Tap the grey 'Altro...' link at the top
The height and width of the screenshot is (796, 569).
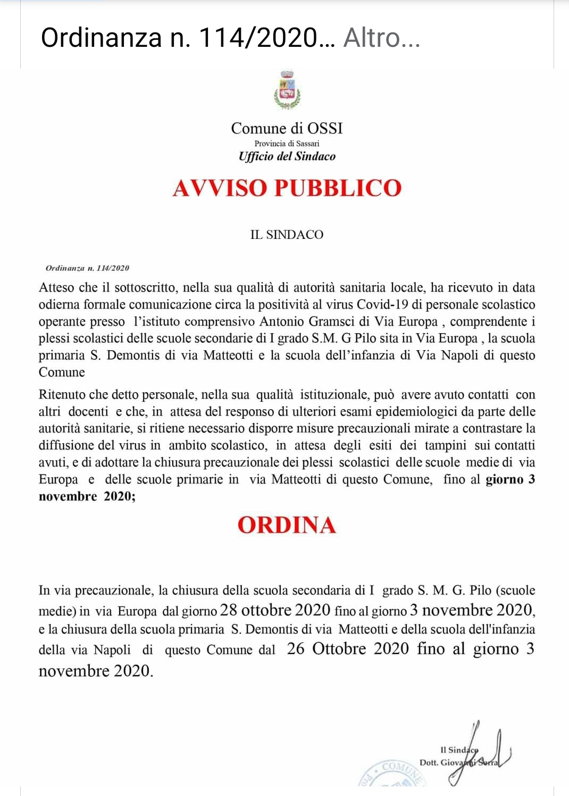pyautogui.click(x=381, y=38)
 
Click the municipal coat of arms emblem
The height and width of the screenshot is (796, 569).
pyautogui.click(x=287, y=89)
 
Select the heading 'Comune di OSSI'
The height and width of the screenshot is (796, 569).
pyautogui.click(x=287, y=128)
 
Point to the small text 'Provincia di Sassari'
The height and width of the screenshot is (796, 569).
pyautogui.click(x=287, y=144)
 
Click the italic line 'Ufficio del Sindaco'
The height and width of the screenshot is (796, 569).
pyautogui.click(x=287, y=156)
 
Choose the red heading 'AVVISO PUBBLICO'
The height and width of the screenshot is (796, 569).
pyautogui.click(x=287, y=188)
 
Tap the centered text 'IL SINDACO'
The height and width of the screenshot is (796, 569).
pyautogui.click(x=287, y=235)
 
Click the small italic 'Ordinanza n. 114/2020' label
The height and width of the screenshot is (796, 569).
pyautogui.click(x=87, y=268)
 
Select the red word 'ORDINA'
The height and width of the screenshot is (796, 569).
pyautogui.click(x=287, y=525)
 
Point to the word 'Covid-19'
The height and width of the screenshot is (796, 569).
pyautogui.click(x=382, y=305)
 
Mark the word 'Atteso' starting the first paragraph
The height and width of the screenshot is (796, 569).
pyautogui.click(x=56, y=288)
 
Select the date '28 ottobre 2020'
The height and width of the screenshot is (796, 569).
pyautogui.click(x=275, y=610)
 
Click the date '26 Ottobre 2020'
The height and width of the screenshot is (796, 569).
pyautogui.click(x=348, y=649)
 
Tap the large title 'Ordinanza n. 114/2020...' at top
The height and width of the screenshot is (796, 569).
pyautogui.click(x=188, y=38)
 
